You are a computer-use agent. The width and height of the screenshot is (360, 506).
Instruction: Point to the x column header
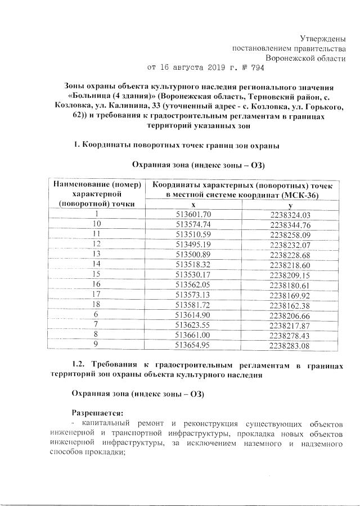tap(193, 205)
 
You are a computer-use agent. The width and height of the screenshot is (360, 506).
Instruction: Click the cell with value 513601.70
tap(193, 214)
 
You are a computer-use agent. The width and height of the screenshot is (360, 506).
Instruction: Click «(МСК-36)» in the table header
tap(309, 195)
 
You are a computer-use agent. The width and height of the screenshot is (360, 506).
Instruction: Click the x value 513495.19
tap(193, 243)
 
